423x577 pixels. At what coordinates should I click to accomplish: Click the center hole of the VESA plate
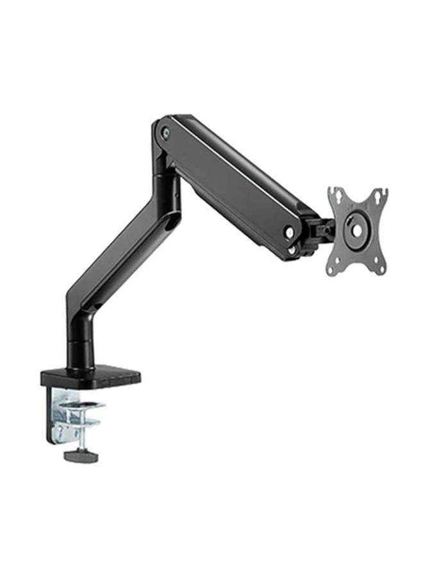tap(356, 228)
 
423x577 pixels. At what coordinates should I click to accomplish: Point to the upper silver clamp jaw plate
tap(83, 405)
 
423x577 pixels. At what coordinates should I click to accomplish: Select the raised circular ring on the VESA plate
tap(356, 228)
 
